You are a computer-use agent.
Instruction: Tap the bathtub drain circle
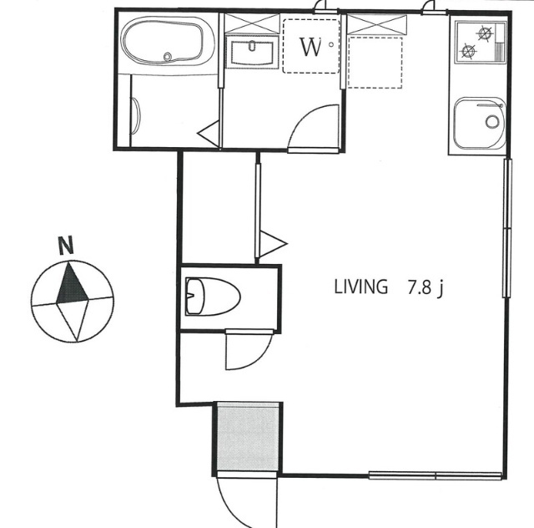[167, 56]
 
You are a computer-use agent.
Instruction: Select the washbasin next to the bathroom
[252, 53]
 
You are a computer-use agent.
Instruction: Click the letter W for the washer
[310, 47]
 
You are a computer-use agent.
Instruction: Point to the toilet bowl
[213, 296]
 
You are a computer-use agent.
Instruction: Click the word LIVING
[361, 287]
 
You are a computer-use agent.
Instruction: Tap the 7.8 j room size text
[426, 287]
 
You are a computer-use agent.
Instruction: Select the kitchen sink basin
[480, 124]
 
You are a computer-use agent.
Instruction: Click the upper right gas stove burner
[486, 33]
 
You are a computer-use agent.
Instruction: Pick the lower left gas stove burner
[468, 51]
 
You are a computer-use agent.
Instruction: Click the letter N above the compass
[66, 246]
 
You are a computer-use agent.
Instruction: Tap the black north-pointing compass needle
[72, 282]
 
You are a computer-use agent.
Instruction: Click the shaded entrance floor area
[248, 438]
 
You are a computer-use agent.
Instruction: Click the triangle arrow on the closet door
[273, 244]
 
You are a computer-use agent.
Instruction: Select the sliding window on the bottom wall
[436, 475]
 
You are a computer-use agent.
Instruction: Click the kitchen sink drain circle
[491, 121]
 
